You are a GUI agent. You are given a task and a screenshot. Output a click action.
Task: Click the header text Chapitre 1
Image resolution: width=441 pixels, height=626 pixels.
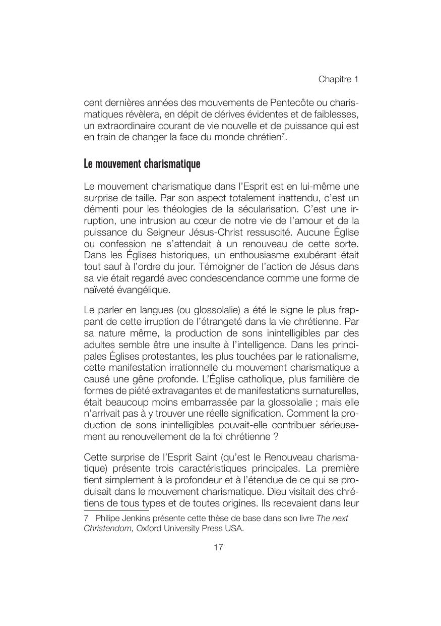pos(338,79)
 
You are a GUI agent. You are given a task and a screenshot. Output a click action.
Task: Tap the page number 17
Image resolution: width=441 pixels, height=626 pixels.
pos(219,547)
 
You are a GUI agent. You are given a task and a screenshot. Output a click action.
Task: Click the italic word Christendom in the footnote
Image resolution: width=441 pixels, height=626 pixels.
pos(108,529)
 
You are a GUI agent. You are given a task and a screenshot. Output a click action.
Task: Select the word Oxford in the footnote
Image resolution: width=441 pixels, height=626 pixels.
pos(150,529)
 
